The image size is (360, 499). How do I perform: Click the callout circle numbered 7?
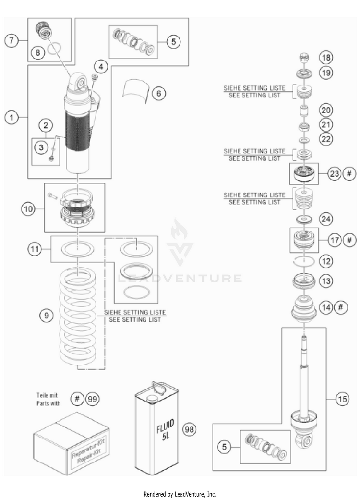tap(12, 40)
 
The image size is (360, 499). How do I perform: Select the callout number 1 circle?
tap(12, 117)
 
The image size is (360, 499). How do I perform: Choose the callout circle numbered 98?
tap(190, 429)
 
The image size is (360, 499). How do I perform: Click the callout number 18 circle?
tap(326, 58)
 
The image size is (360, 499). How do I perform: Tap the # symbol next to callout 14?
tap(339, 308)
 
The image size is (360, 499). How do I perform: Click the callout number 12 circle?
tap(326, 261)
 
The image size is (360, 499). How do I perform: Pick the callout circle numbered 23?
tap(334, 174)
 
